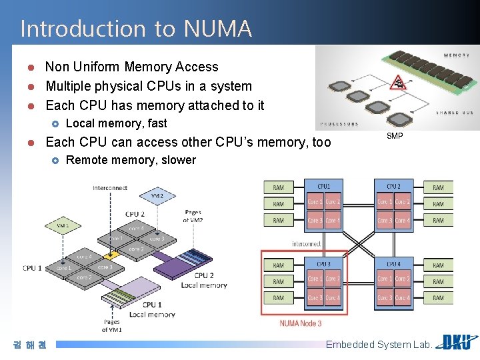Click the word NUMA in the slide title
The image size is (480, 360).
coord(217,29)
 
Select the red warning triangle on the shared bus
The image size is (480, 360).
coord(398,83)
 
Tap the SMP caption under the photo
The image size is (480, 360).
coord(395,137)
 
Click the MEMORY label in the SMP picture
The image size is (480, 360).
coord(457,55)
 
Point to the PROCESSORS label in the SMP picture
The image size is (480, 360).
coord(339,124)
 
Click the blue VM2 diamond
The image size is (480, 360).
coord(157,196)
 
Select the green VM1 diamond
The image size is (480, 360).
coord(63,226)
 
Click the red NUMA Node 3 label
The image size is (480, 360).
coord(300,323)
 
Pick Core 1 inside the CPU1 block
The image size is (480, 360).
coord(315,202)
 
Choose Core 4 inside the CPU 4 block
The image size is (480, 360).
coord(402,298)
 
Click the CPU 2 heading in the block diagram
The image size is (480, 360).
coord(393,187)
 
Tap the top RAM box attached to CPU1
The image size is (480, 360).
coord(278,188)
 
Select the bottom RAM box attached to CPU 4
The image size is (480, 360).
coord(438,298)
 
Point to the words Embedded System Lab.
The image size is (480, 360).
coord(379,345)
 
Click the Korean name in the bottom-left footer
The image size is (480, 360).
coord(29,345)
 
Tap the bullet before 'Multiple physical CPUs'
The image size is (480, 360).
coord(31,87)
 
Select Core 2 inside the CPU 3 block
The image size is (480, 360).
coord(332,279)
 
